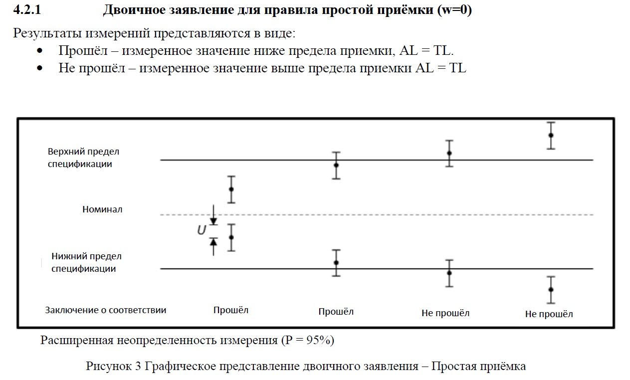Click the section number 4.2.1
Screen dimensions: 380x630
tap(26, 10)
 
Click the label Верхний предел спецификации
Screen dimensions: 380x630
tap(83, 157)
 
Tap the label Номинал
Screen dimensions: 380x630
tap(102, 209)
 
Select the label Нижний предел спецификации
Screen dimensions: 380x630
tap(86, 262)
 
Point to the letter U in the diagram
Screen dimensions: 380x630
tap(201, 230)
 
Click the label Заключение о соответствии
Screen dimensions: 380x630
tap(106, 310)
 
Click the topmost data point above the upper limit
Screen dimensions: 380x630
tap(551, 135)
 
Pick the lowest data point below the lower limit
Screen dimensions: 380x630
tap(551, 289)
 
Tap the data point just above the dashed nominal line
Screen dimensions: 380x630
tap(231, 189)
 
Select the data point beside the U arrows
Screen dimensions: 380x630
tap(231, 237)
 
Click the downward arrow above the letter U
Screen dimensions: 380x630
tap(213, 219)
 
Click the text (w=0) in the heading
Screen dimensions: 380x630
tap(454, 10)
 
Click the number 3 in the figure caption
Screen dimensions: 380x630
tap(138, 366)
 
